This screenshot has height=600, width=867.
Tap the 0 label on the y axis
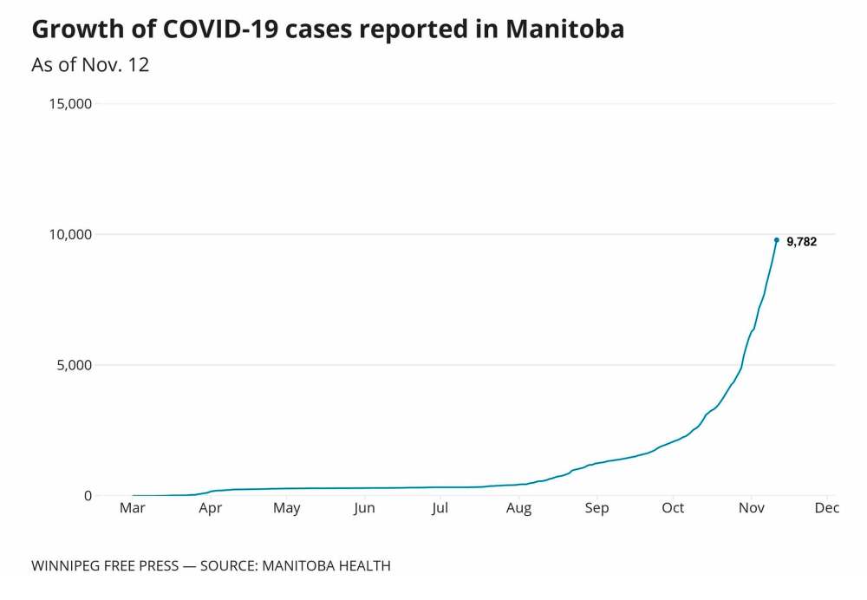88,495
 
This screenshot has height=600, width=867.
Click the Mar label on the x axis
133,508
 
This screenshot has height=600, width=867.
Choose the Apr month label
210,508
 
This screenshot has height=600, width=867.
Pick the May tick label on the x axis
286,508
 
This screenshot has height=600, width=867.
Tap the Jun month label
364,508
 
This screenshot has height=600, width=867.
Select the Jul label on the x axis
440,508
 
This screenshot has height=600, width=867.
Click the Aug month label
518,508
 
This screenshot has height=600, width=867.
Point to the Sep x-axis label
596,508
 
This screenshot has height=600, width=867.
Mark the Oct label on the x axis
673,508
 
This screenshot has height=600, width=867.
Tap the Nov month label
751,508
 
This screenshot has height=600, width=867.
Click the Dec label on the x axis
827,508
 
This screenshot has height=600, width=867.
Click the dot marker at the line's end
776,239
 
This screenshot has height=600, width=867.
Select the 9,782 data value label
801,242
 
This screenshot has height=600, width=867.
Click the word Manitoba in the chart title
564,29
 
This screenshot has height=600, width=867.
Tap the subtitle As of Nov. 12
90,65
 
